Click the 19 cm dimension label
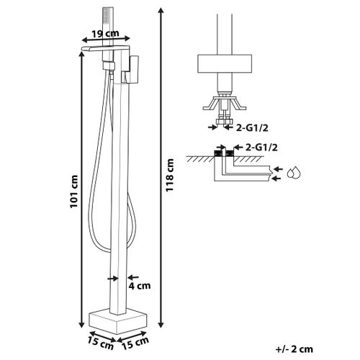point(106,34)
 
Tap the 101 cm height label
point(74,192)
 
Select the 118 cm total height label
point(170,175)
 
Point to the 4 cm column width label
point(140,286)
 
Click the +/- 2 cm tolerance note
point(294,349)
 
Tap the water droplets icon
point(294,172)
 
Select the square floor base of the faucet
point(118,321)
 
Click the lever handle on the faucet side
point(133,70)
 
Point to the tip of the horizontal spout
point(82,49)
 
